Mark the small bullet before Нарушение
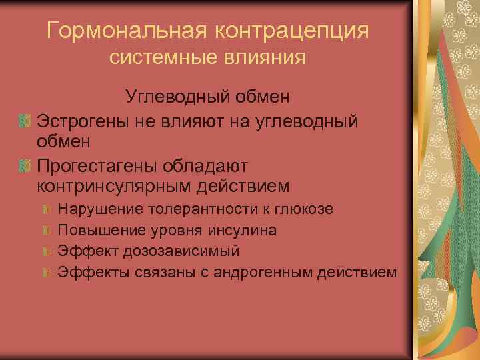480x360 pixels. [46, 210]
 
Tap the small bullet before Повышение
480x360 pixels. [46, 231]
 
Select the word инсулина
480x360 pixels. [244, 230]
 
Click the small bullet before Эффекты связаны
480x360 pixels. [46, 272]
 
